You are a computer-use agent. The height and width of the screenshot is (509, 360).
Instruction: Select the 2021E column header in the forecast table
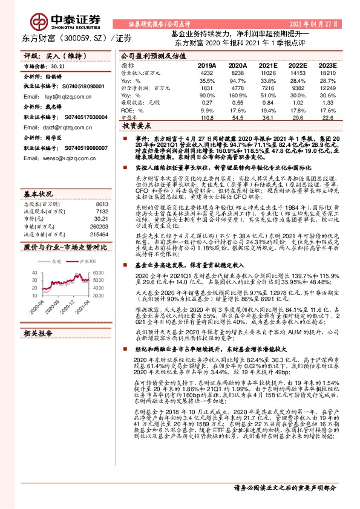[x=268, y=65]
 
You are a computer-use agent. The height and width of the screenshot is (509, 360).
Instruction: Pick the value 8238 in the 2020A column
[x=237, y=73]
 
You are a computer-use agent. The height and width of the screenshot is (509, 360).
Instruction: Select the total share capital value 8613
[x=102, y=188]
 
